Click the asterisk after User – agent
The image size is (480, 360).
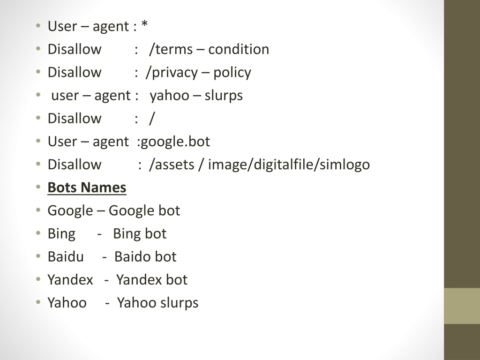[x=145, y=24]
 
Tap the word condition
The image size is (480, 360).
[x=239, y=49]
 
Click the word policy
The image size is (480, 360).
[x=232, y=73]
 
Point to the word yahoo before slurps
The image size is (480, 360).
[x=169, y=96]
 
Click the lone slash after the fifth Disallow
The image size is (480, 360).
[x=152, y=119]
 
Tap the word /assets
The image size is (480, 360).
[x=172, y=165]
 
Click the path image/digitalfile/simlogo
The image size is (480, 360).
[x=289, y=165]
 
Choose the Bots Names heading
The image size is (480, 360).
[x=87, y=187]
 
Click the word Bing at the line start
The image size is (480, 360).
[x=61, y=234]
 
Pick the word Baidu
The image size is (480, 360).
[x=66, y=256]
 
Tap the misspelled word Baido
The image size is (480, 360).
[x=132, y=256]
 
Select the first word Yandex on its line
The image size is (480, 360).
[x=70, y=279]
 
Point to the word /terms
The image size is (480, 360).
[x=171, y=49]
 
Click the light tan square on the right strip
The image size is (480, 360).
[x=462, y=306]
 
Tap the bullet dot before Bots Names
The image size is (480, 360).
[x=38, y=187]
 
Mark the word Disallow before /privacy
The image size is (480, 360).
[x=75, y=72]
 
